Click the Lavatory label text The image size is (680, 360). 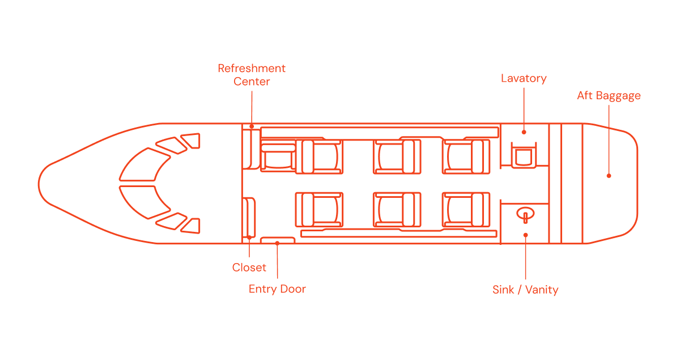(524, 78)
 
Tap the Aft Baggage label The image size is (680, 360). (609, 96)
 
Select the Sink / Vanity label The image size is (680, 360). (525, 290)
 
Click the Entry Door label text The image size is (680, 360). (277, 289)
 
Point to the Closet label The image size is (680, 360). (249, 268)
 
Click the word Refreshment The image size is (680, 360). (252, 69)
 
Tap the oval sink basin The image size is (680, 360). (525, 214)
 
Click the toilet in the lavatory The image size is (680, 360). (524, 155)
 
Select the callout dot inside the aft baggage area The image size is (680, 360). (609, 176)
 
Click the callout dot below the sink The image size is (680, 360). (525, 235)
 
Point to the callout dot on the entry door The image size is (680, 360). (277, 243)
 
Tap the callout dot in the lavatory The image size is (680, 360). (524, 132)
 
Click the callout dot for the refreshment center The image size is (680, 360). (252, 126)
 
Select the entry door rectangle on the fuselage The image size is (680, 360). (278, 240)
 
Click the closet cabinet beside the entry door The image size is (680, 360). (249, 218)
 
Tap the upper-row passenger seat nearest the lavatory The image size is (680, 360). (466, 157)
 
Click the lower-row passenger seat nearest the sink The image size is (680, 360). (466, 210)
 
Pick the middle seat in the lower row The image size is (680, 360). (397, 210)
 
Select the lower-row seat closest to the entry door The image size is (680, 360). (319, 210)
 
